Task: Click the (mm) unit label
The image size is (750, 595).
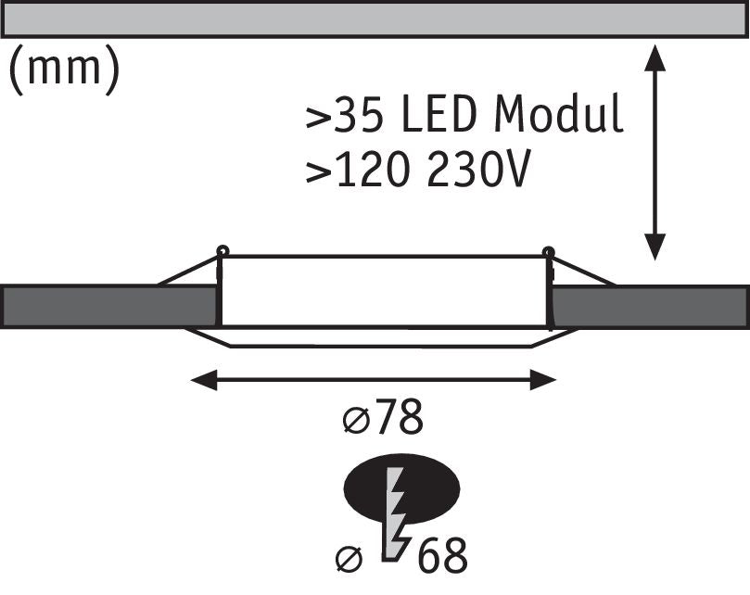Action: [x=63, y=70]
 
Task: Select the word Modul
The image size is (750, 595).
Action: [x=559, y=117]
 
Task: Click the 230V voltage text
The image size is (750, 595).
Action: [x=478, y=171]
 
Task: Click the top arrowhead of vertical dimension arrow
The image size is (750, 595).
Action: [x=655, y=55]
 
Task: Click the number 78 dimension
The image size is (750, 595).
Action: [x=398, y=419]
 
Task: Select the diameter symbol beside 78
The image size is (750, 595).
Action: [x=354, y=421]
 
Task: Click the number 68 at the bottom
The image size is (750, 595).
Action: [x=441, y=556]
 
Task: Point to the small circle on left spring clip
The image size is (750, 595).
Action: [x=222, y=250]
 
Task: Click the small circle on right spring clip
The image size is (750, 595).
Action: [x=548, y=250]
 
